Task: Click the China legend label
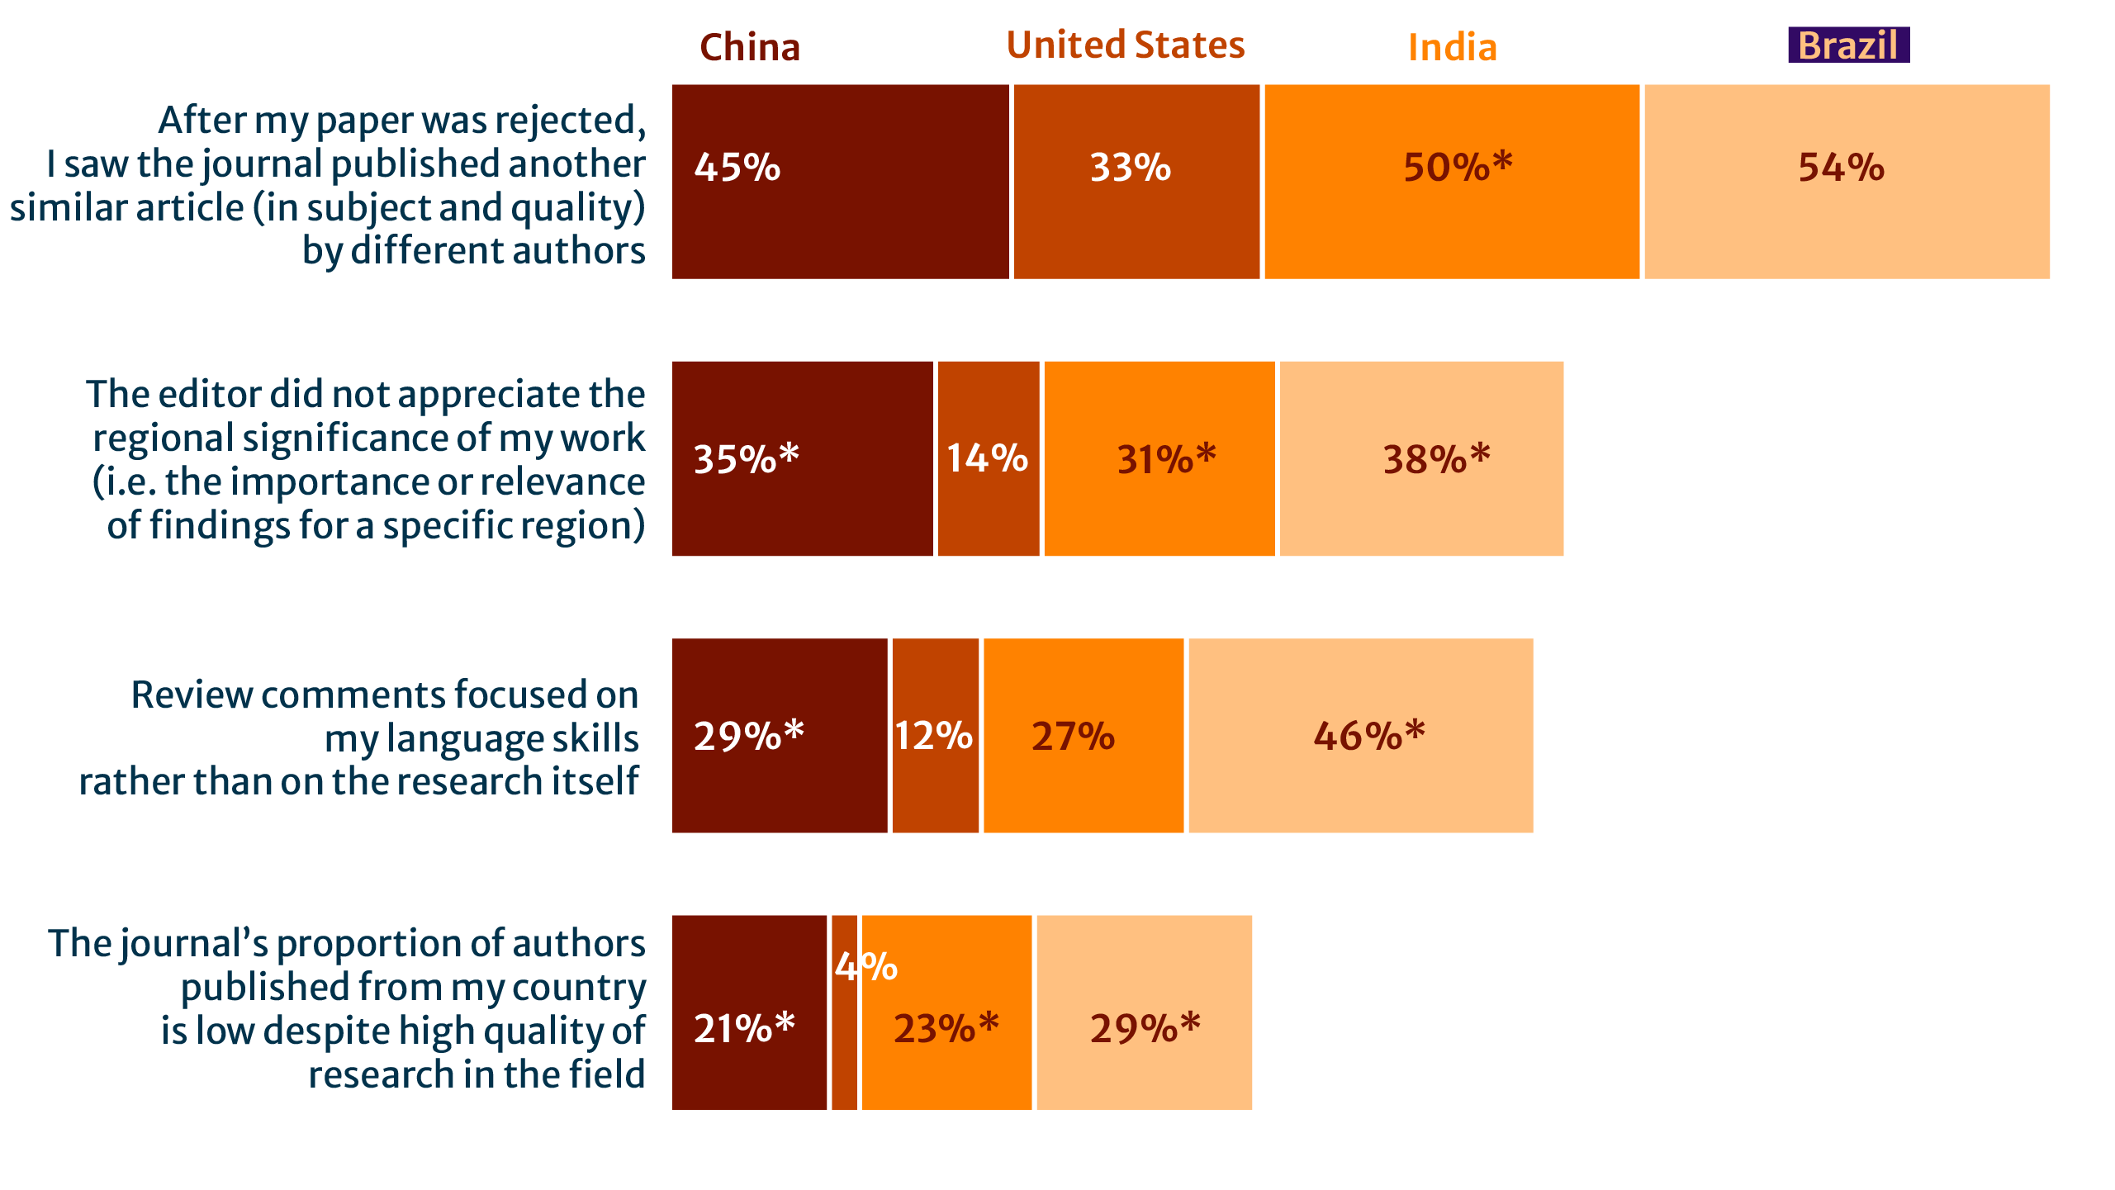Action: click(750, 47)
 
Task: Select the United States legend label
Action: click(1126, 45)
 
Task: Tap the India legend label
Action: click(1452, 47)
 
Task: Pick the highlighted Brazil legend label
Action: click(1848, 45)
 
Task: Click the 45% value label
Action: click(737, 168)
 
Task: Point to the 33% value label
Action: click(1131, 168)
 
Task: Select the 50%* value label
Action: click(1458, 168)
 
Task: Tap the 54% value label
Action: click(1842, 168)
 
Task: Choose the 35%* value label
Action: click(746, 459)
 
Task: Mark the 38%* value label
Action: click(1436, 459)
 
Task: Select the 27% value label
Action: click(1073, 736)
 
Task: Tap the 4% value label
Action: click(865, 967)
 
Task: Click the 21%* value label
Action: click(743, 1028)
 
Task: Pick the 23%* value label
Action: click(946, 1028)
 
